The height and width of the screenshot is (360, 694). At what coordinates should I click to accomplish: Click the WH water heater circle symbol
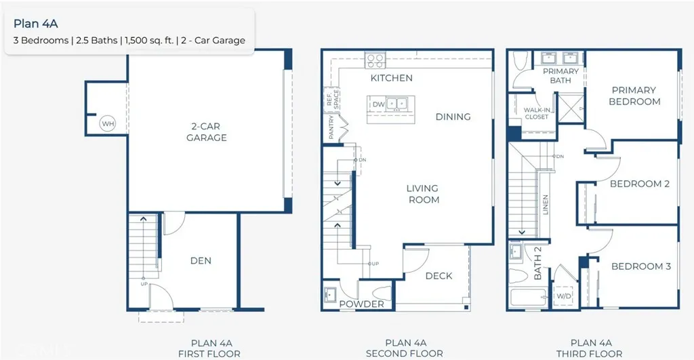pyautogui.click(x=107, y=123)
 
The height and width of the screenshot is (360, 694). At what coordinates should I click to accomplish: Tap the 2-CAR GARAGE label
pyautogui.click(x=207, y=132)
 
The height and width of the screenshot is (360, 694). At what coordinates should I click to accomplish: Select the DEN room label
pyautogui.click(x=201, y=260)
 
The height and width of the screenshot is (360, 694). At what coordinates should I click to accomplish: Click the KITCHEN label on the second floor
pyautogui.click(x=391, y=78)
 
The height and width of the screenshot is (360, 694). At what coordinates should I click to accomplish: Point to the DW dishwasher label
pyautogui.click(x=377, y=104)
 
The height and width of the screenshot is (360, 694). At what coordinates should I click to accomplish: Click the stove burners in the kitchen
pyautogui.click(x=375, y=61)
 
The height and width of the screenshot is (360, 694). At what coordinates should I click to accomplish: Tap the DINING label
pyautogui.click(x=453, y=117)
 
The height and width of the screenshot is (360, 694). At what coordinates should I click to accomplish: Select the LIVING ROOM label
pyautogui.click(x=423, y=194)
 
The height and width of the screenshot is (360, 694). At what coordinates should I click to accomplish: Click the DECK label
pyautogui.click(x=438, y=276)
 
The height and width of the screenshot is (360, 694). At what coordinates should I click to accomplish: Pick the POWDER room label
pyautogui.click(x=362, y=304)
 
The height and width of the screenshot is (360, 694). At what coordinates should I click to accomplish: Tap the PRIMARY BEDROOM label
pyautogui.click(x=634, y=96)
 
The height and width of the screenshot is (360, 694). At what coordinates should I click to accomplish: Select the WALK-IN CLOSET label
pyautogui.click(x=536, y=113)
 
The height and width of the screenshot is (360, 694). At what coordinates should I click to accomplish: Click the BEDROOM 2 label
pyautogui.click(x=639, y=184)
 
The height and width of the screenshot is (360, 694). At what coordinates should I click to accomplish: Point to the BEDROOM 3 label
pyautogui.click(x=640, y=266)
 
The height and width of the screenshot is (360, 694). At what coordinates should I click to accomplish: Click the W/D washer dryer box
pyautogui.click(x=564, y=296)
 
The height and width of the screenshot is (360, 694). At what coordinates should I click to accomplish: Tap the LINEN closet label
pyautogui.click(x=545, y=205)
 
